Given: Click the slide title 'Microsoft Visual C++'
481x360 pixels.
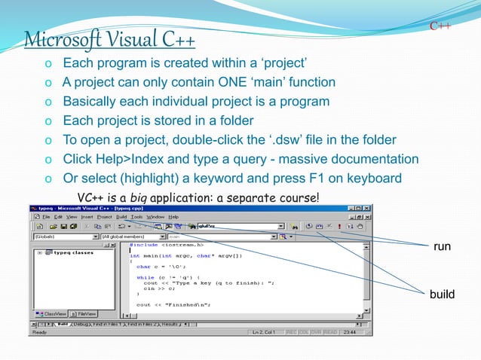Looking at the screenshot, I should click(110, 38).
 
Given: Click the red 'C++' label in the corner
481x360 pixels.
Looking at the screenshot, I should click(440, 27).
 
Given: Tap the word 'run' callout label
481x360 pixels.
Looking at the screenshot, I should click(441, 246).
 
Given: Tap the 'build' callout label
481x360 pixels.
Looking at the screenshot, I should click(442, 294).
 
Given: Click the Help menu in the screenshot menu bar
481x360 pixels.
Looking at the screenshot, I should click(173, 216).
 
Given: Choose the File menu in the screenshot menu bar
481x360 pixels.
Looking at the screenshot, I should click(47, 216).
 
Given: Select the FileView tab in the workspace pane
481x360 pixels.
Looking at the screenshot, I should click(85, 313).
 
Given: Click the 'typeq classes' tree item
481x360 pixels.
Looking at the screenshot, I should click(73, 253).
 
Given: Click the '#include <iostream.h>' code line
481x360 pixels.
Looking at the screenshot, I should click(171, 245).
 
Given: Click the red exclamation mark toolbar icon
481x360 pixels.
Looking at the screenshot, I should click(339, 225).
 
